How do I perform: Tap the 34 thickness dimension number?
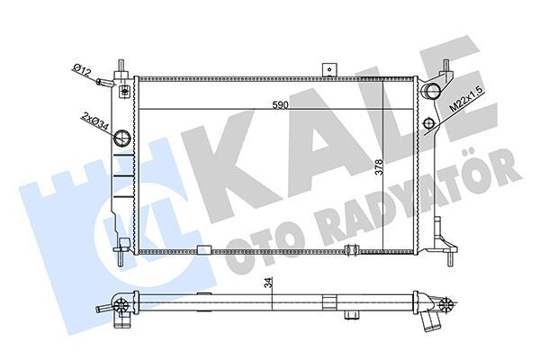point(266,283)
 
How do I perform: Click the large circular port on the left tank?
point(121,139)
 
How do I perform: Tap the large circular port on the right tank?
point(432,90)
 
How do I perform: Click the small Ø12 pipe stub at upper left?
point(107,83)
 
